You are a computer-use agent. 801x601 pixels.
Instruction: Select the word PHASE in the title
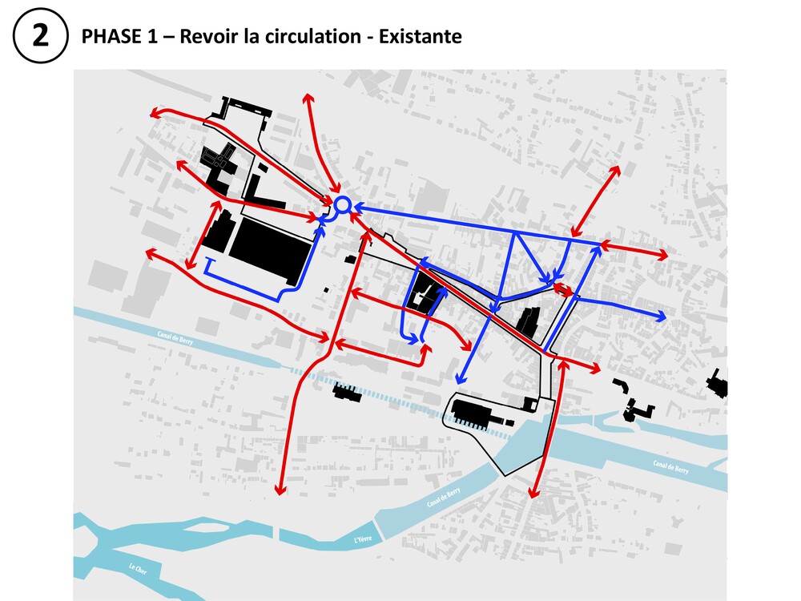[x=107, y=37]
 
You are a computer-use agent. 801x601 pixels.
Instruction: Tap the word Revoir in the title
[x=209, y=37]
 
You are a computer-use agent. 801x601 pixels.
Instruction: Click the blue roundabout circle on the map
[x=342, y=205]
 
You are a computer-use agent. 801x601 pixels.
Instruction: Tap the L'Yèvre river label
[x=364, y=542]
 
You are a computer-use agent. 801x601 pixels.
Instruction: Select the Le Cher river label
[x=139, y=570]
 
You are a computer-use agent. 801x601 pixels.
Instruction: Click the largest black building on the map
[x=271, y=250]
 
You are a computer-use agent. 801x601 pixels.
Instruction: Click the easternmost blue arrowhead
[x=661, y=317]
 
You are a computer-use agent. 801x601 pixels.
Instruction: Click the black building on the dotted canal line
[x=347, y=392]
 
